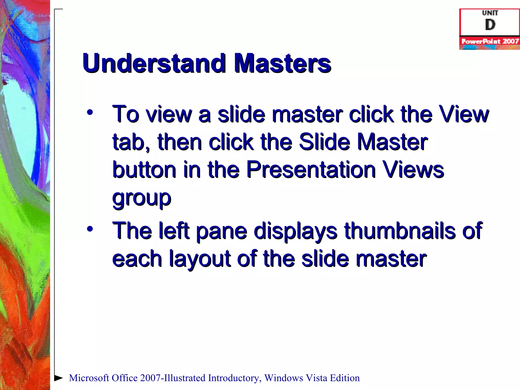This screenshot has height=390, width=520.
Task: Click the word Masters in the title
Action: click(x=282, y=63)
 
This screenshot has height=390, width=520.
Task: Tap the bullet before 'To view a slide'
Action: click(x=90, y=112)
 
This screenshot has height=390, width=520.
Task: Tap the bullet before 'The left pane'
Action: click(x=90, y=229)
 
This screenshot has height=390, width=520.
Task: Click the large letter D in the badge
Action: click(x=490, y=25)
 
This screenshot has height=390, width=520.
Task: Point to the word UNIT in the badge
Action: click(x=490, y=13)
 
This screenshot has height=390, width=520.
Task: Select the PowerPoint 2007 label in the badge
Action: click(x=490, y=41)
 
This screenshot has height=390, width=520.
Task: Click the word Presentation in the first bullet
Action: click(x=311, y=170)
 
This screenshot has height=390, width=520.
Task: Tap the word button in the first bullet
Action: click(x=144, y=170)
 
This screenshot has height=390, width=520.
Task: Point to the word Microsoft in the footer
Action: click(x=89, y=378)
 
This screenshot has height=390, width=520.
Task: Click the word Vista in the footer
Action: click(x=316, y=378)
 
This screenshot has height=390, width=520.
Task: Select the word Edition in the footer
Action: click(x=345, y=378)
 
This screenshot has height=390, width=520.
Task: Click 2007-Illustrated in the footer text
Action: click(x=173, y=378)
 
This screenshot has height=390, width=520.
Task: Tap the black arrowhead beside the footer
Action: click(x=58, y=378)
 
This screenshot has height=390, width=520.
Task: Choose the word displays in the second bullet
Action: click(x=296, y=231)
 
